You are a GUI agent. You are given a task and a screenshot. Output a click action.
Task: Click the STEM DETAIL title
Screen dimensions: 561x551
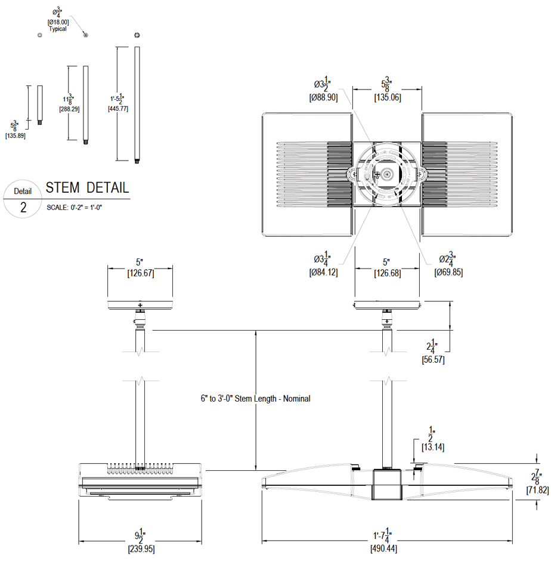87,187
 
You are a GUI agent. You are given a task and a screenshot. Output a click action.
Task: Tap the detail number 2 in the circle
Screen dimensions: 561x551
23,208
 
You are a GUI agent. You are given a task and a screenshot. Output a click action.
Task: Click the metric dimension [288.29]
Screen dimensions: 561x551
69,109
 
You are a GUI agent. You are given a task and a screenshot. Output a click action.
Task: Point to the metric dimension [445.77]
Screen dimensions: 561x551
117,109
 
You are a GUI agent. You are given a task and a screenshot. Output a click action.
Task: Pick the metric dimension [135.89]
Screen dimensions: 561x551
16,136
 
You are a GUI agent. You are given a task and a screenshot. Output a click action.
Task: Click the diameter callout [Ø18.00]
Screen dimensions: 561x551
58,22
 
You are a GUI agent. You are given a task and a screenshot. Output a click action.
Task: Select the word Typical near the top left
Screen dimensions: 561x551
58,29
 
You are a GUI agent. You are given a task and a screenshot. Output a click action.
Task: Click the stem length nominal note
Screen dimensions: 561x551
255,399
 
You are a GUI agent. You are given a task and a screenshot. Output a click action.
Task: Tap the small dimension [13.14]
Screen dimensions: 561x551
432,446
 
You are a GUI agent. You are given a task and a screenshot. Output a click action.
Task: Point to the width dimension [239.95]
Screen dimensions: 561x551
141,548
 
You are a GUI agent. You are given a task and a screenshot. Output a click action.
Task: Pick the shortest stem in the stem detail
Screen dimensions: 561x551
40,104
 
